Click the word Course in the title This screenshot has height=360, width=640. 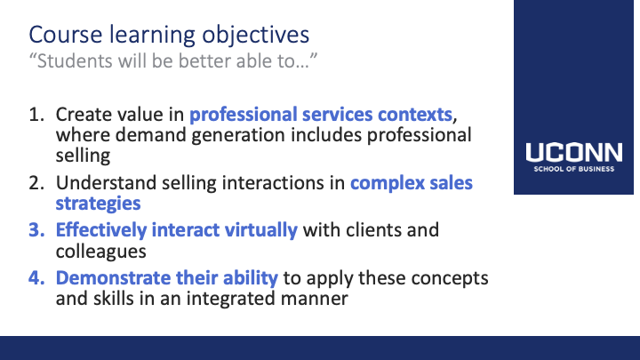click(65, 35)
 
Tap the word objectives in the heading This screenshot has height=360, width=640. click(255, 36)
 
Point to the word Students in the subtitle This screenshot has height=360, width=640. click(75, 61)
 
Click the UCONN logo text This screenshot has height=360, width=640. click(574, 152)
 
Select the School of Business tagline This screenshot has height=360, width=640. click(574, 169)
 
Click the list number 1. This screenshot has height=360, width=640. click(36, 115)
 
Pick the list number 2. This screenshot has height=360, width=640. click(36, 183)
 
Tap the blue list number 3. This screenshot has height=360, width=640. click(36, 230)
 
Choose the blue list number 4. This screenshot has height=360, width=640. click(36, 278)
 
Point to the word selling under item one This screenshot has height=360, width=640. click(83, 156)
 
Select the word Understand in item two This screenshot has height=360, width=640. click(106, 183)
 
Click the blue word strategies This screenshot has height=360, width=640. click(98, 204)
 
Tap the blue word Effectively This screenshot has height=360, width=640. click(101, 230)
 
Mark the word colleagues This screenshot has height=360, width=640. click(100, 252)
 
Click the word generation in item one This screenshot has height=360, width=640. click(238, 135)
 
